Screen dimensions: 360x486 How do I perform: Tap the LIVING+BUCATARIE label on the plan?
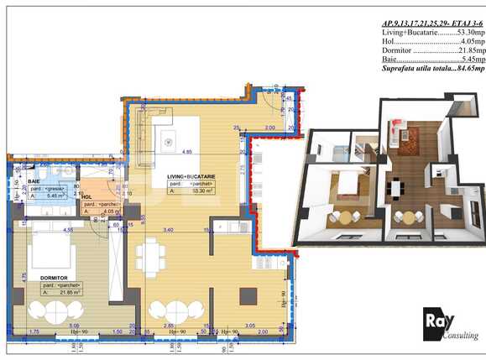(x=191, y=176)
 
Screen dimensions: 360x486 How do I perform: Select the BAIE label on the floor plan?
(x=34, y=181)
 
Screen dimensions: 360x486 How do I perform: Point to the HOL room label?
(x=87, y=197)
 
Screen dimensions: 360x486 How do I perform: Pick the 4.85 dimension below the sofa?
(x=190, y=153)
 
